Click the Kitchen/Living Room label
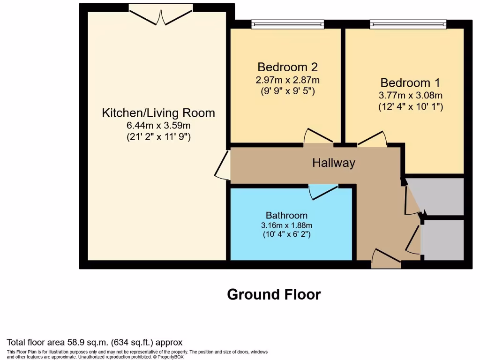[158, 113]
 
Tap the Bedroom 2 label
[287, 67]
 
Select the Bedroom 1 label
[410, 83]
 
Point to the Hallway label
[334, 163]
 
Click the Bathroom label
[286, 215]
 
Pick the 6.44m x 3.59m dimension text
[158, 126]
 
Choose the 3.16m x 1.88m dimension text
[286, 225]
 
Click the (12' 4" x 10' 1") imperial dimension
[411, 106]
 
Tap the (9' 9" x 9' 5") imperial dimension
[287, 91]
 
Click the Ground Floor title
[274, 294]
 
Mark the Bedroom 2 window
[287, 24]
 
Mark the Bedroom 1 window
[408, 24]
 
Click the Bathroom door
[323, 191]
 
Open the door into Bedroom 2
[318, 137]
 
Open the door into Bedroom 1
[372, 139]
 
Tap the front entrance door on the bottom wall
[386, 259]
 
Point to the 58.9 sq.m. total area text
[94, 342]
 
